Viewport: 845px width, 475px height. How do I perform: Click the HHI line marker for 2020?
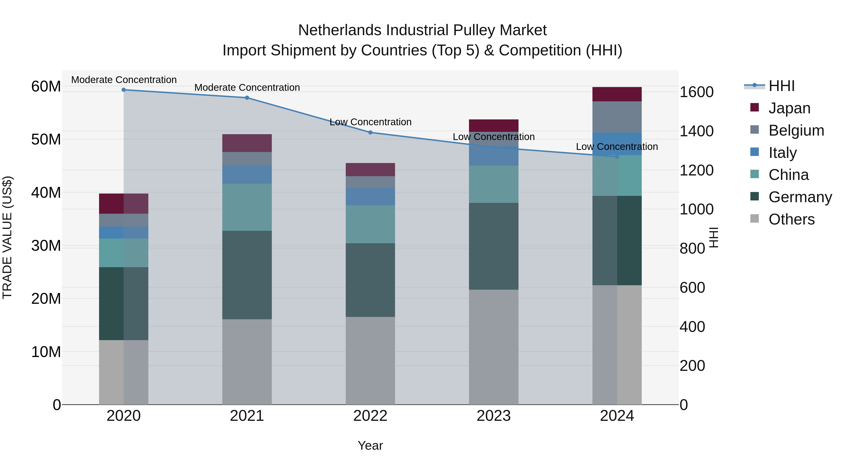124,90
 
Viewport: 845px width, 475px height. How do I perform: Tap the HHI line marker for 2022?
370,133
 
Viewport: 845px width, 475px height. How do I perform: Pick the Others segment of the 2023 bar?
494,347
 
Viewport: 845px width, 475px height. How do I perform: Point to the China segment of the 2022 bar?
370,224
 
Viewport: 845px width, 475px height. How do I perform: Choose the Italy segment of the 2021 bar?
247,175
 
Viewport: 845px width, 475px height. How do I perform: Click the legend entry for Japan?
789,108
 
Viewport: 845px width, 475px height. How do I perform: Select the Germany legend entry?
800,197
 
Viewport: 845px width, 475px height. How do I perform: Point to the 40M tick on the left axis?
46,192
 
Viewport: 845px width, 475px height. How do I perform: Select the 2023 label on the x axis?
494,416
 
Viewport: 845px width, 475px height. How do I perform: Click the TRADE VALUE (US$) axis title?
7,237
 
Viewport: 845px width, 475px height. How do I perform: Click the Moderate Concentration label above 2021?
247,87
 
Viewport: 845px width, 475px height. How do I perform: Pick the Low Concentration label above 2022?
370,122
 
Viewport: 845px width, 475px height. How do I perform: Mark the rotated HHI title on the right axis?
714,237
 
